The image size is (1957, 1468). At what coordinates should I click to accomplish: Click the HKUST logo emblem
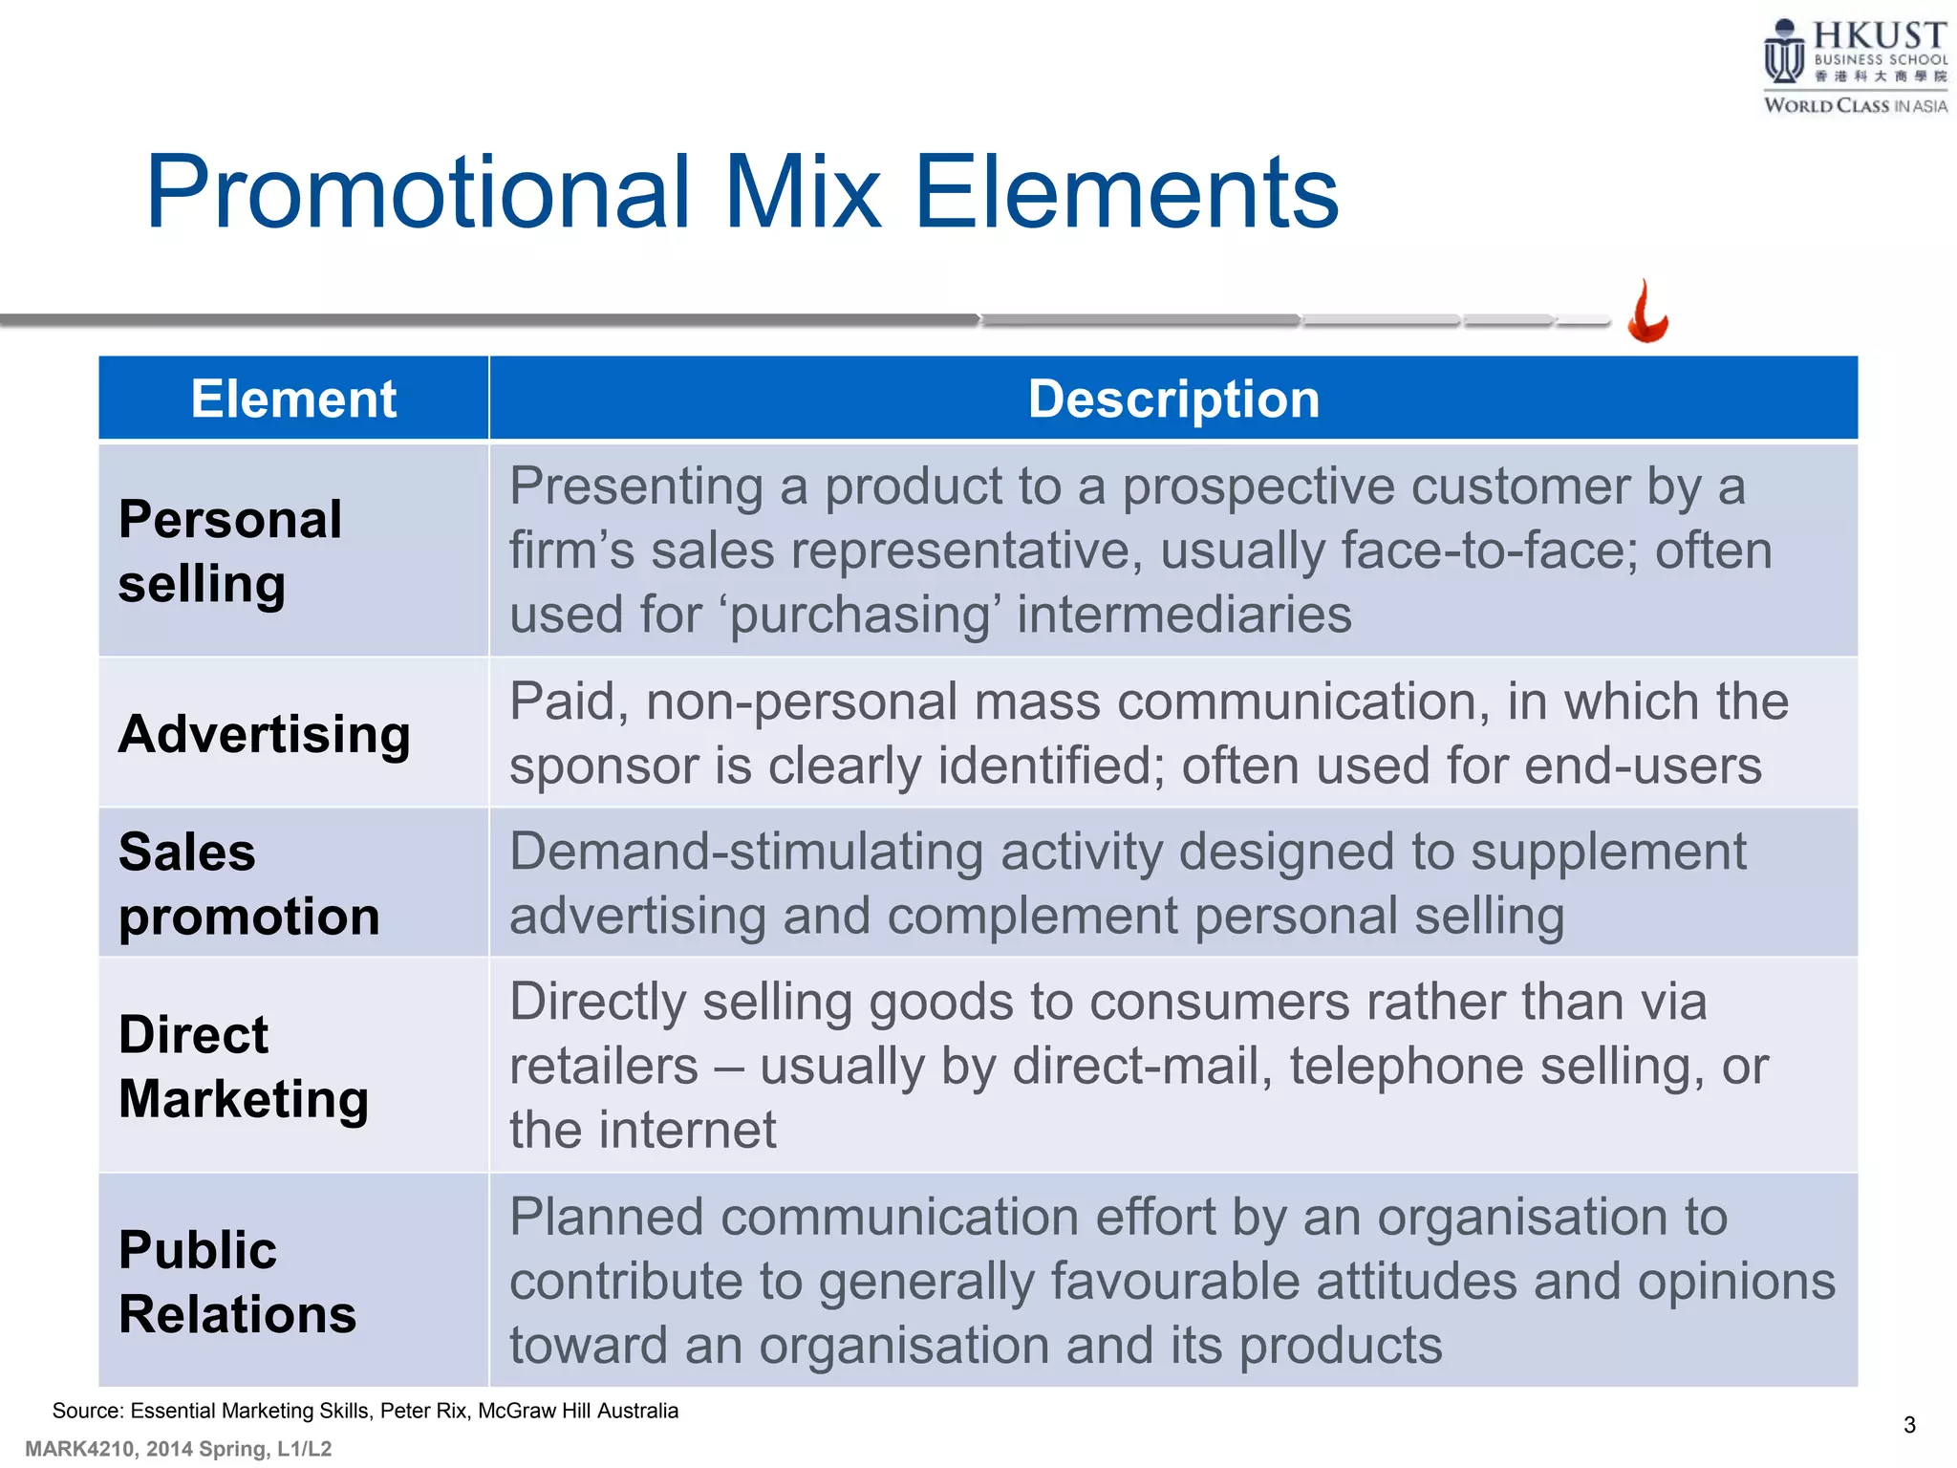coord(1783,54)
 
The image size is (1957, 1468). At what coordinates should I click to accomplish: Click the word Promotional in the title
coord(417,193)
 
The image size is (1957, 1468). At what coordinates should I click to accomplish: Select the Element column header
coord(293,399)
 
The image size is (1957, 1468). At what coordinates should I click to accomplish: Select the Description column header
coord(1173,399)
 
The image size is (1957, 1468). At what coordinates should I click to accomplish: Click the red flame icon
coord(1647,313)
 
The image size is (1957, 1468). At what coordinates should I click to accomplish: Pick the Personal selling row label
coord(229,551)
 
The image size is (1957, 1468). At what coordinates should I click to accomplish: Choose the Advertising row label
coord(264,734)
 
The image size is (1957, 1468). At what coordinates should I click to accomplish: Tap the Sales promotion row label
coord(248,884)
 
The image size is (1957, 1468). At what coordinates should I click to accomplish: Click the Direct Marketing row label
coord(243,1067)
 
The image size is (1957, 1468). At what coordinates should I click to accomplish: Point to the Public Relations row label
coord(237,1282)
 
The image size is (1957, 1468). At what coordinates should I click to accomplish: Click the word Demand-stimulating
coord(745,852)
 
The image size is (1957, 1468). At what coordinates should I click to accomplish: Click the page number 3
coord(1909,1425)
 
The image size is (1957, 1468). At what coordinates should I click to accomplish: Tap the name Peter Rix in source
coord(424,1411)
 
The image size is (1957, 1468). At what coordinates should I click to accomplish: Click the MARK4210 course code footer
coord(80,1449)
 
